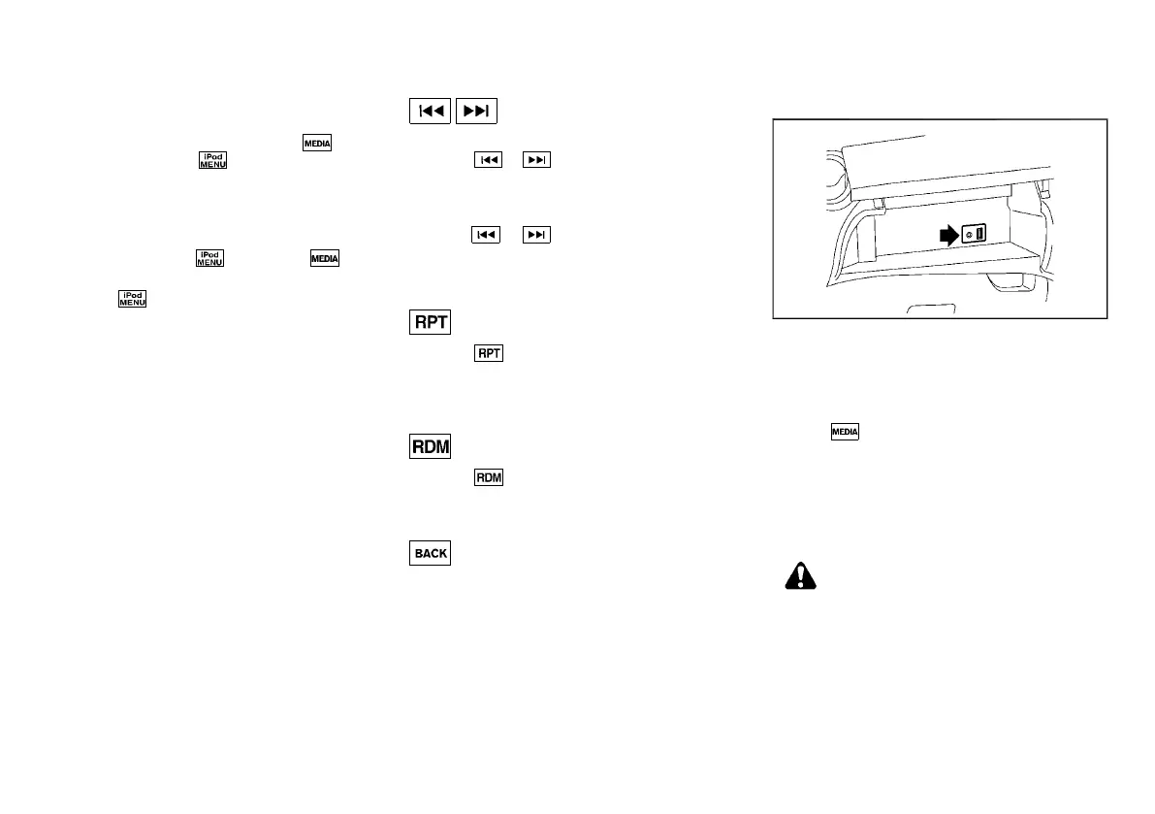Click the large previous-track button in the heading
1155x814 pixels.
tap(429, 112)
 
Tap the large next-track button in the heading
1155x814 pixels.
tap(476, 112)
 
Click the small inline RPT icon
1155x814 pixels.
tap(488, 354)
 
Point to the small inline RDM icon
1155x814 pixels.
tap(488, 478)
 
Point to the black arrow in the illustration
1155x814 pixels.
tap(945, 234)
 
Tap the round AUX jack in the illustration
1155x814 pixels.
tap(968, 234)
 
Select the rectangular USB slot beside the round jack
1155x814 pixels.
tap(979, 234)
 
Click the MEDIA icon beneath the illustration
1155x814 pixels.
tap(845, 431)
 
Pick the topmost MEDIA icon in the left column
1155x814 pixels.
tap(318, 143)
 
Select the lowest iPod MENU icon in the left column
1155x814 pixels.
tap(132, 299)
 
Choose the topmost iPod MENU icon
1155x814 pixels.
tap(212, 161)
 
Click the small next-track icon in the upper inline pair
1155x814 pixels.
tap(536, 161)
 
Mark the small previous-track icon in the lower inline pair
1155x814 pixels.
tap(486, 235)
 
